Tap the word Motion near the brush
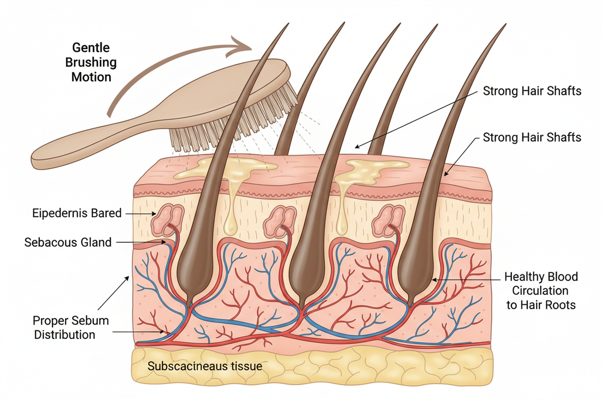91,76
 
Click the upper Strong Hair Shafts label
532,91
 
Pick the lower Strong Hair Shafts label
532,137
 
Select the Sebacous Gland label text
68,242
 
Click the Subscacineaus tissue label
204,366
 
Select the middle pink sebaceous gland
278,219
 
